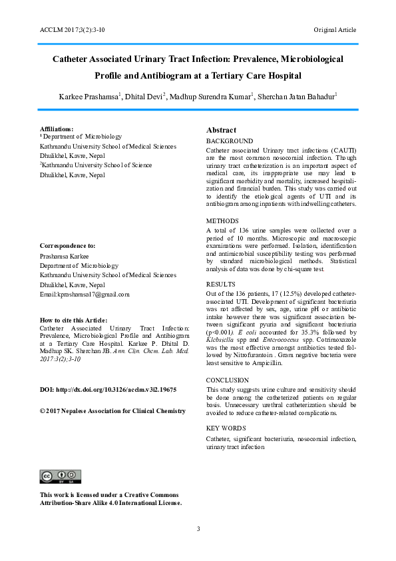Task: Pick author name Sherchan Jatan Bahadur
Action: (x=297, y=97)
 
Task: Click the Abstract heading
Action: (x=221, y=130)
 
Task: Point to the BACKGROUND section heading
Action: (x=229, y=141)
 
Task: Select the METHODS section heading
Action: (x=222, y=220)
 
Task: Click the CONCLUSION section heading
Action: (x=228, y=380)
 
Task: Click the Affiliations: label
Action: (x=57, y=128)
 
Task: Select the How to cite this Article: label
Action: (x=73, y=320)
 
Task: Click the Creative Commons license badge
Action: (x=61, y=476)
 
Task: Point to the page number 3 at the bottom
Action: (x=198, y=529)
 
